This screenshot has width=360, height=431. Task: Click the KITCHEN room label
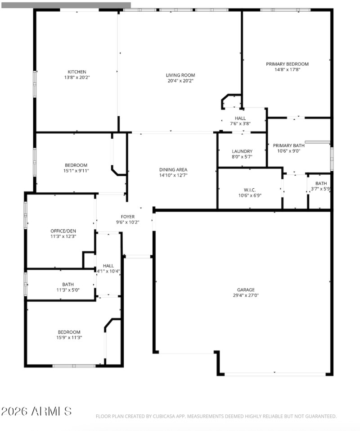click(76, 72)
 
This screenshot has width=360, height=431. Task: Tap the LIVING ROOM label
click(180, 75)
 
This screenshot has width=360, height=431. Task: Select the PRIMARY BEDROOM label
click(287, 64)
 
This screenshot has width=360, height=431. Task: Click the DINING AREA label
click(173, 170)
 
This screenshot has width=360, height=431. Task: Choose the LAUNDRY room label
click(242, 151)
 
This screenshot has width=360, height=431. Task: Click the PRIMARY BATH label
click(288, 145)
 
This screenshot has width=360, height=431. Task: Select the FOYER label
click(127, 217)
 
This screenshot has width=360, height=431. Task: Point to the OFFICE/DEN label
click(63, 231)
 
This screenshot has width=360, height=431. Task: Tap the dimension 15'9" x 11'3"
click(69, 337)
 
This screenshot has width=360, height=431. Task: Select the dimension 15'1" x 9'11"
click(76, 171)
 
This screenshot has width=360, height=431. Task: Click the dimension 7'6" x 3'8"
click(240, 123)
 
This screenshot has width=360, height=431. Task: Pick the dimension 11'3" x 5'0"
click(67, 290)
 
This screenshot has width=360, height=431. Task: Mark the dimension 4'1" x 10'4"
click(108, 271)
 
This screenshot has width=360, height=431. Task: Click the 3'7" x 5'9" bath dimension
click(320, 189)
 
